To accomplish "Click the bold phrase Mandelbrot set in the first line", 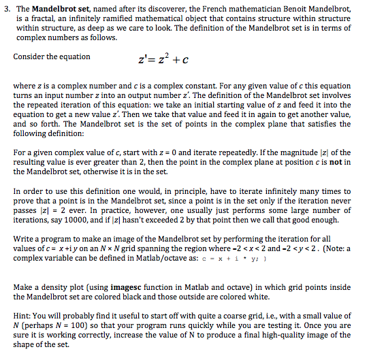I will (59, 8).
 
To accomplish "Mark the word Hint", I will (22, 316).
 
